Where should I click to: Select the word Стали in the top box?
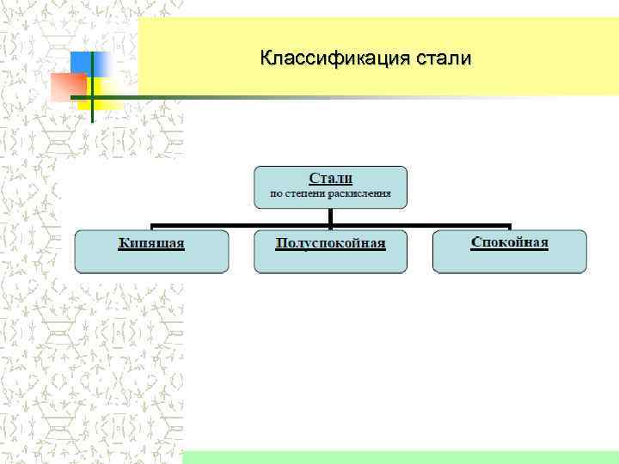(330, 178)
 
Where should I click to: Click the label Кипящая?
(151, 243)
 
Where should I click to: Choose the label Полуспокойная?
(330, 243)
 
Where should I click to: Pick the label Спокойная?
(509, 241)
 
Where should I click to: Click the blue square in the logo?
(89, 64)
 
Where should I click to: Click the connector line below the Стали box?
(330, 218)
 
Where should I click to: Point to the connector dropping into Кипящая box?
(151, 227)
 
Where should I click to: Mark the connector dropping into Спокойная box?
(510, 227)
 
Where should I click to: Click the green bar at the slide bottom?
(400, 457)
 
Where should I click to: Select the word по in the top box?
(276, 194)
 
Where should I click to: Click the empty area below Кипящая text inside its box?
(151, 261)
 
